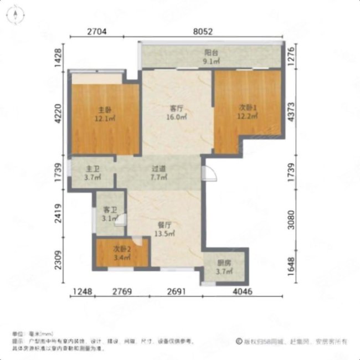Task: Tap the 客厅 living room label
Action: click(x=177, y=109)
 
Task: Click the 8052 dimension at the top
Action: click(x=203, y=32)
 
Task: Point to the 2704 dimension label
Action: click(x=97, y=32)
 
